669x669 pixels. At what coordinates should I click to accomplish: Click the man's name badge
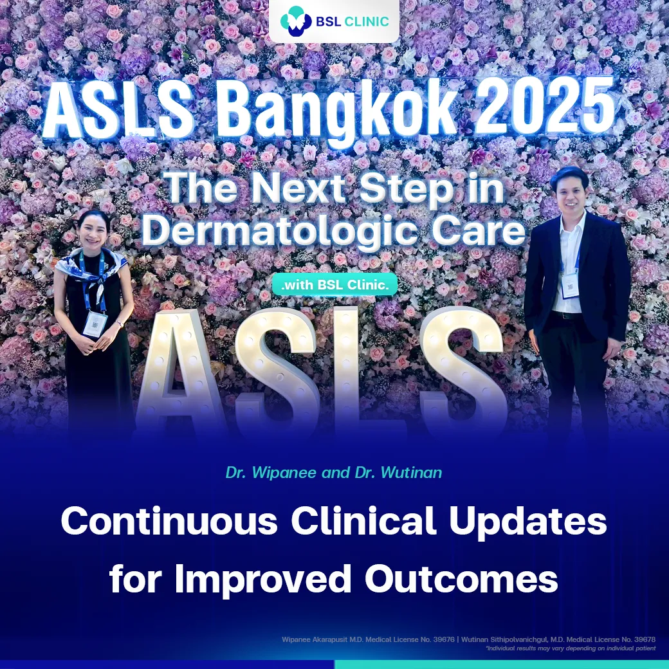570,285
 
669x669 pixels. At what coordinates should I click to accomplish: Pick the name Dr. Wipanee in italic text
264,473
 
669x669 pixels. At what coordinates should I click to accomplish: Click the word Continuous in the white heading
170,522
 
